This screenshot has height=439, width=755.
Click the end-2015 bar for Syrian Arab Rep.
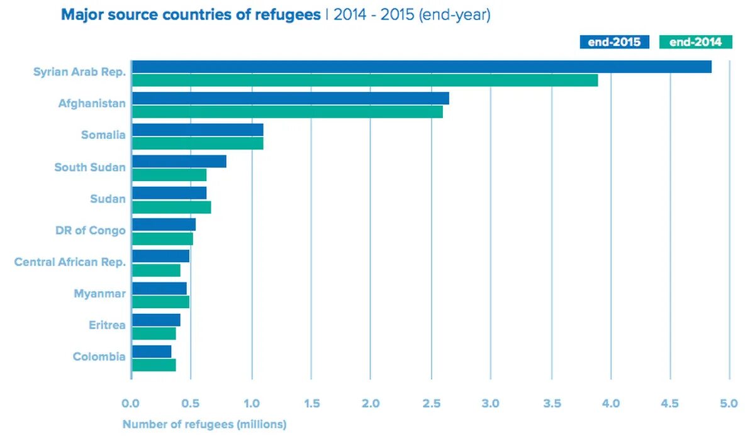(x=422, y=67)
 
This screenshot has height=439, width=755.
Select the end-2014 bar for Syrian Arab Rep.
(x=365, y=81)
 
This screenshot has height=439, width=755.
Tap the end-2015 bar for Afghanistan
(x=290, y=98)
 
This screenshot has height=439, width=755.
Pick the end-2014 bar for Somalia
(x=198, y=143)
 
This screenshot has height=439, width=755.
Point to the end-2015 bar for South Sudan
(x=179, y=162)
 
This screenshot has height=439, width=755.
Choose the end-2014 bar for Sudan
(x=171, y=207)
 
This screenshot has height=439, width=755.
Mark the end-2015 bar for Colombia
(x=152, y=351)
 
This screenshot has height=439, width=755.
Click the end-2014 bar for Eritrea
(x=154, y=333)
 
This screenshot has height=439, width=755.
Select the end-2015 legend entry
(x=614, y=42)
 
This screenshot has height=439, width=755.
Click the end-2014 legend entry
(x=696, y=42)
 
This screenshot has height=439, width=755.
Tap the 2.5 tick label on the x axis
(x=431, y=403)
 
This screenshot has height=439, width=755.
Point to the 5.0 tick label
(x=729, y=403)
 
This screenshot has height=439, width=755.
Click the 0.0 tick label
(x=131, y=403)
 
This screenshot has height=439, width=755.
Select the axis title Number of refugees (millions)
(x=204, y=425)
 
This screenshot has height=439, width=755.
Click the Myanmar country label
(x=99, y=294)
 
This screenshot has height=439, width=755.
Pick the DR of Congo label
(x=91, y=230)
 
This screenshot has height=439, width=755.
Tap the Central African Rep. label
(x=70, y=262)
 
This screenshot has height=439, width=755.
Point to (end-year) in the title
(x=454, y=15)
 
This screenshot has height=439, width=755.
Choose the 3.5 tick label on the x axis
(x=551, y=403)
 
